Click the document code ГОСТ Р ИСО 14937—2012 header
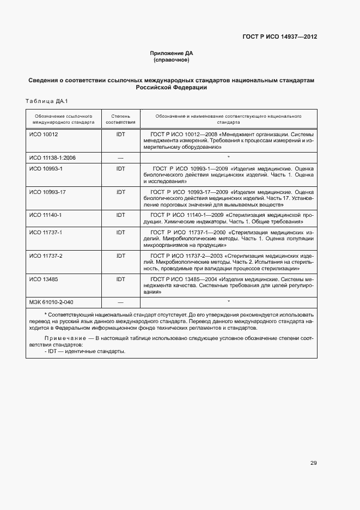(279, 37)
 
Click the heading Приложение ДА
(172, 53)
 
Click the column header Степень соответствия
(120, 119)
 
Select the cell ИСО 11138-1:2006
(52, 157)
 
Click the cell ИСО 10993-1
(46, 169)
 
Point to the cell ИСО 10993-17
(48, 192)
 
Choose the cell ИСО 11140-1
(46, 215)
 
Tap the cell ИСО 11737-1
(46, 232)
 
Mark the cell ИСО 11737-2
(46, 256)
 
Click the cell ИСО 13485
(44, 279)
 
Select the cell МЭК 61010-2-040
(52, 302)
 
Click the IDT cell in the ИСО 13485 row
(120, 279)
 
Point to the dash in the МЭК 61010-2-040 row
(120, 302)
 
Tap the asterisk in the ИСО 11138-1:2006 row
(228, 157)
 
